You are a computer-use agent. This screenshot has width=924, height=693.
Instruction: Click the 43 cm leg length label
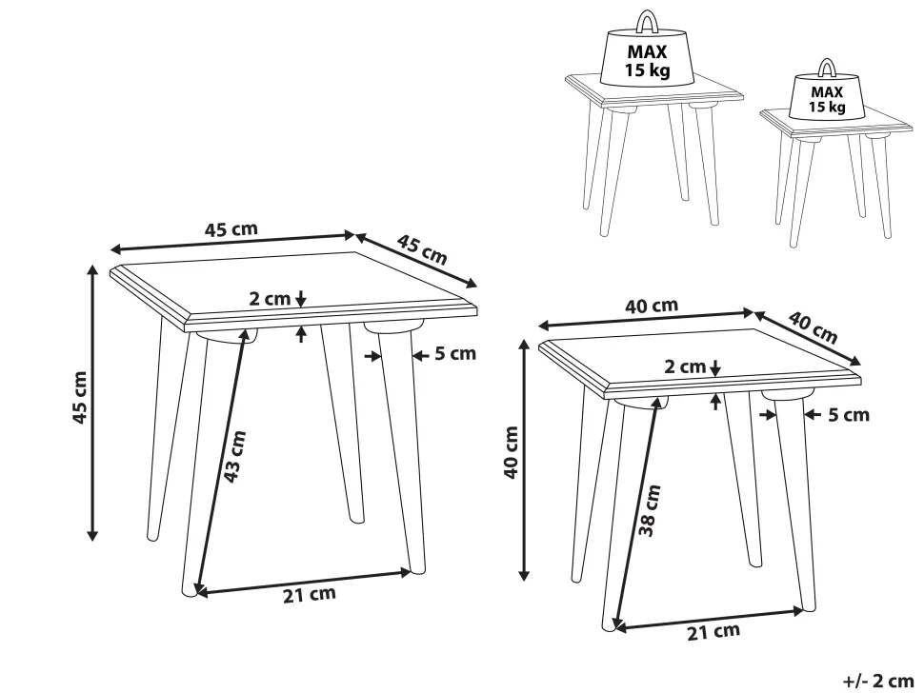tap(234, 456)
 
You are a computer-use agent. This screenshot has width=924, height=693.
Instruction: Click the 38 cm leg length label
tap(650, 510)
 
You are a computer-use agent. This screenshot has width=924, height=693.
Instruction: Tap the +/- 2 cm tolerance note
tap(878, 681)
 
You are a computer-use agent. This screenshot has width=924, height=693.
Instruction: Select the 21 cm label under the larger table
tap(310, 594)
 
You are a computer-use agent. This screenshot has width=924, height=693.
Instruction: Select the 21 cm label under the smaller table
tap(713, 632)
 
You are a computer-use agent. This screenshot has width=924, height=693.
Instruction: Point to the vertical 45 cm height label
tap(80, 397)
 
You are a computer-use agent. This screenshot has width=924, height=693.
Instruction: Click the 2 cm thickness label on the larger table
tap(270, 299)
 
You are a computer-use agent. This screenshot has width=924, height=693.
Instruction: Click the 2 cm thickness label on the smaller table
tap(685, 366)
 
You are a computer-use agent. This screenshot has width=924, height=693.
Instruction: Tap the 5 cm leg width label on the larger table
tap(455, 353)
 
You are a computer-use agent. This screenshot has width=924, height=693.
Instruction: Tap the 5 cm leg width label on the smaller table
tap(849, 414)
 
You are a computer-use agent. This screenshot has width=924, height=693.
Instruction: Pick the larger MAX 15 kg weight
tap(647, 55)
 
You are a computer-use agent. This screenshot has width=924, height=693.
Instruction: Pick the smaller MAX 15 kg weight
tap(828, 93)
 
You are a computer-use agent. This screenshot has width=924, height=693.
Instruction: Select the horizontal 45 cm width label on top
tap(231, 228)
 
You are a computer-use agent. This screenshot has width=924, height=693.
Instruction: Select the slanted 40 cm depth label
tap(814, 327)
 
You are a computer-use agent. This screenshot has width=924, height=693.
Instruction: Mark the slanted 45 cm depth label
tap(422, 249)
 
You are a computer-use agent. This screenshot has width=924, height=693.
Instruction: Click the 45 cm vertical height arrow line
tap(92, 403)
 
